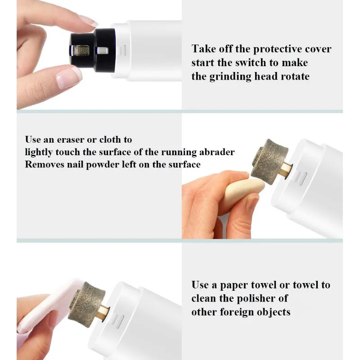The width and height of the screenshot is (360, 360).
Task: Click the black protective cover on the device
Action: point(93,50)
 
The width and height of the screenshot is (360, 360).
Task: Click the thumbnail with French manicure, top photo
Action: point(69,77)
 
